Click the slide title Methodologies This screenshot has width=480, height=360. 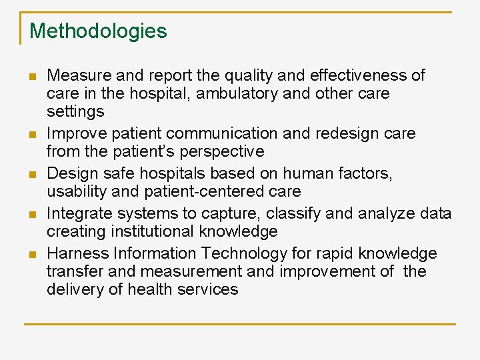pos(98,31)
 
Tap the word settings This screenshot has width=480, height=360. pos(75,111)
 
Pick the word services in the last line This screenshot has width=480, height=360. pos(206,289)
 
